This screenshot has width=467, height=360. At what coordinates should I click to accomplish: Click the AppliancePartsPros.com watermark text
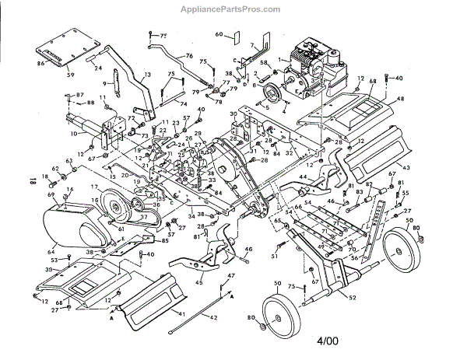pos(233,9)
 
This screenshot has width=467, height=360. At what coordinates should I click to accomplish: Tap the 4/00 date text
pos(328,341)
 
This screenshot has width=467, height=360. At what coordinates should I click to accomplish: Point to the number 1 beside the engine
pos(280,60)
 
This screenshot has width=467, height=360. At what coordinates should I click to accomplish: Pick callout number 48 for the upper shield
pos(401,100)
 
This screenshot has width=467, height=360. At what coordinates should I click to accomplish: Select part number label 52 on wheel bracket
pos(353,298)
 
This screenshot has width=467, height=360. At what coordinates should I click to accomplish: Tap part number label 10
pos(72,134)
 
